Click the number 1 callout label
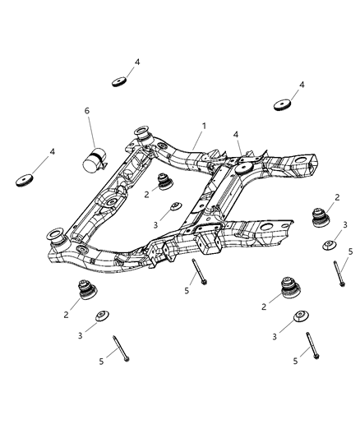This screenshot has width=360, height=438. (204, 126)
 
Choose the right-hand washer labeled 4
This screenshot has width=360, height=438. (282, 106)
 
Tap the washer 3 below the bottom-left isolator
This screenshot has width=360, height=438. (104, 317)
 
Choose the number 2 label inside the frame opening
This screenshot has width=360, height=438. (145, 195)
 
